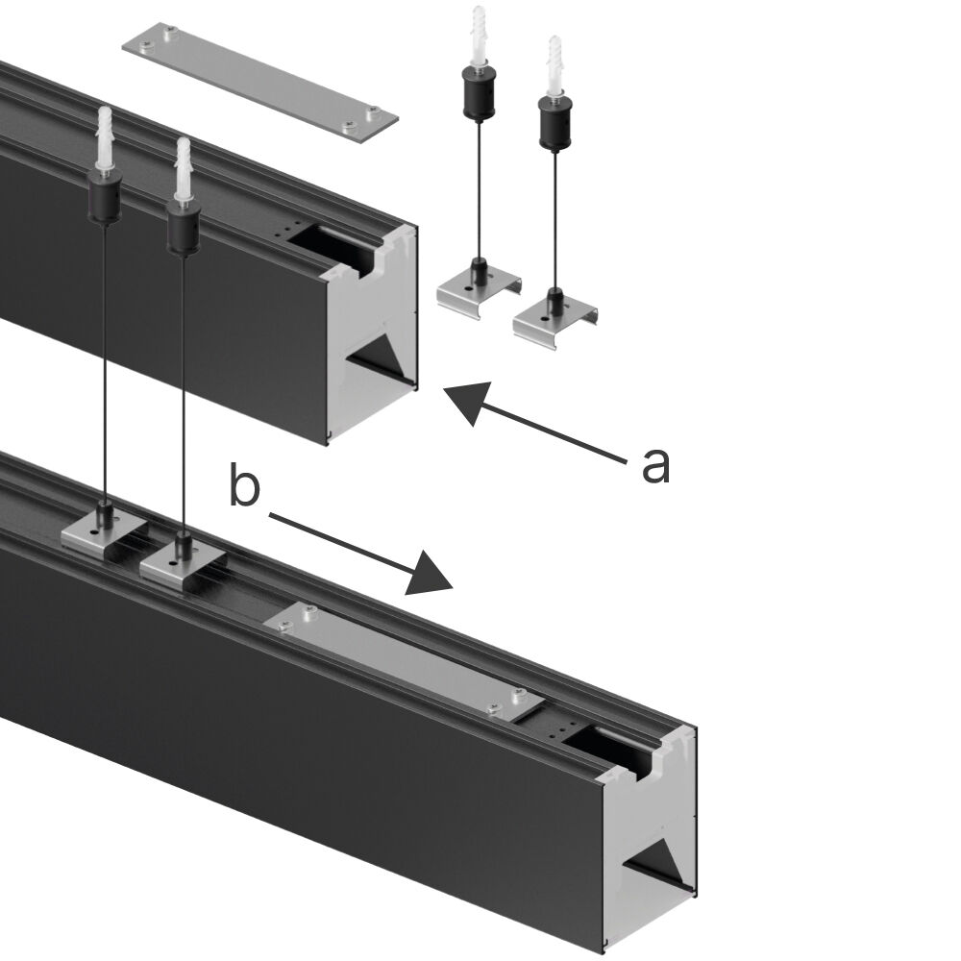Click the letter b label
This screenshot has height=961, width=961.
(244, 486)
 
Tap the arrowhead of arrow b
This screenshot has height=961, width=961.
(429, 574)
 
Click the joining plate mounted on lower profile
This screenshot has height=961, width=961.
(400, 658)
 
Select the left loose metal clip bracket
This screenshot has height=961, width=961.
(478, 289)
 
